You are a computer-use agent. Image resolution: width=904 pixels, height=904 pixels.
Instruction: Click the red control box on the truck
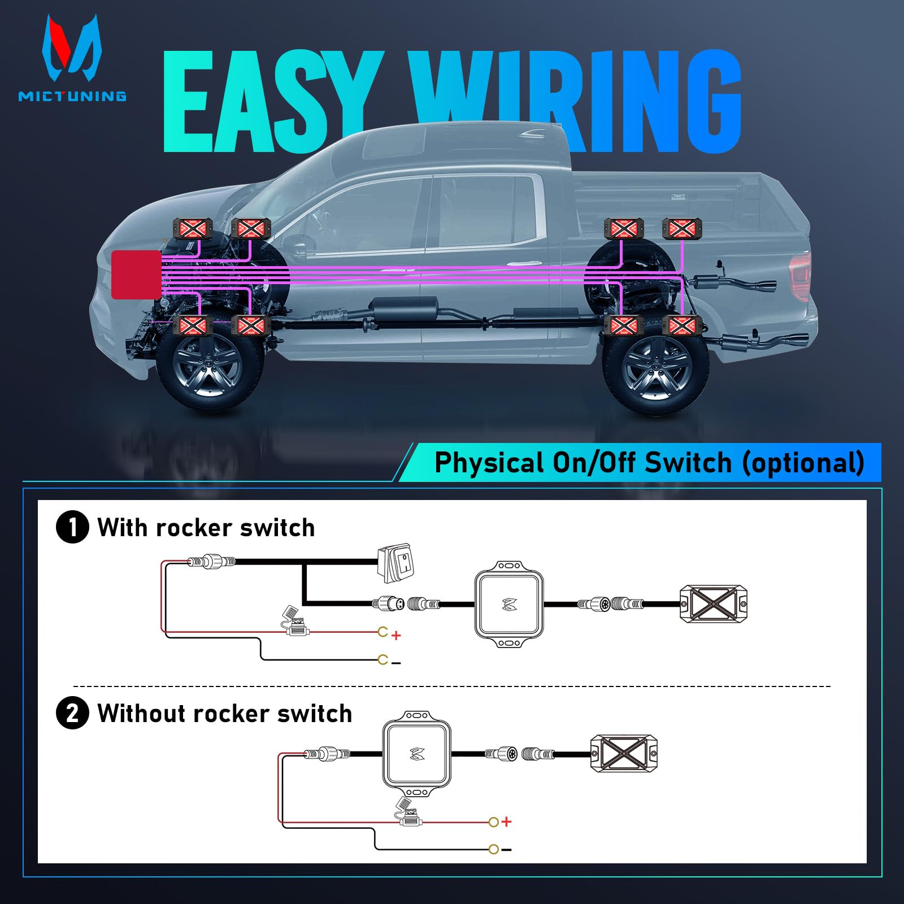[x=136, y=275]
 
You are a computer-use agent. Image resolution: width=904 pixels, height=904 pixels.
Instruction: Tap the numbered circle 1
[x=72, y=527]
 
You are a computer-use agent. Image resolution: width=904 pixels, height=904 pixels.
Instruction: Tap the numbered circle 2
[x=72, y=713]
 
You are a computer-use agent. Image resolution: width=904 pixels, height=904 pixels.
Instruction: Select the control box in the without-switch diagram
[x=418, y=754]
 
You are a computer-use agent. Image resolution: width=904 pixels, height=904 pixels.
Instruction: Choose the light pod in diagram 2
[x=624, y=754]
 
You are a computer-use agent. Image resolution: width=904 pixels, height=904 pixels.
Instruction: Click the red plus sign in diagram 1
[x=396, y=636]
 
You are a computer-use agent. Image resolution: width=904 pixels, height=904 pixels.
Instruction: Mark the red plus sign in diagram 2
[x=506, y=822]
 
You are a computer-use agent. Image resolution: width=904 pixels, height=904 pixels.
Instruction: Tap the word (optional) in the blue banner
[x=803, y=463]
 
